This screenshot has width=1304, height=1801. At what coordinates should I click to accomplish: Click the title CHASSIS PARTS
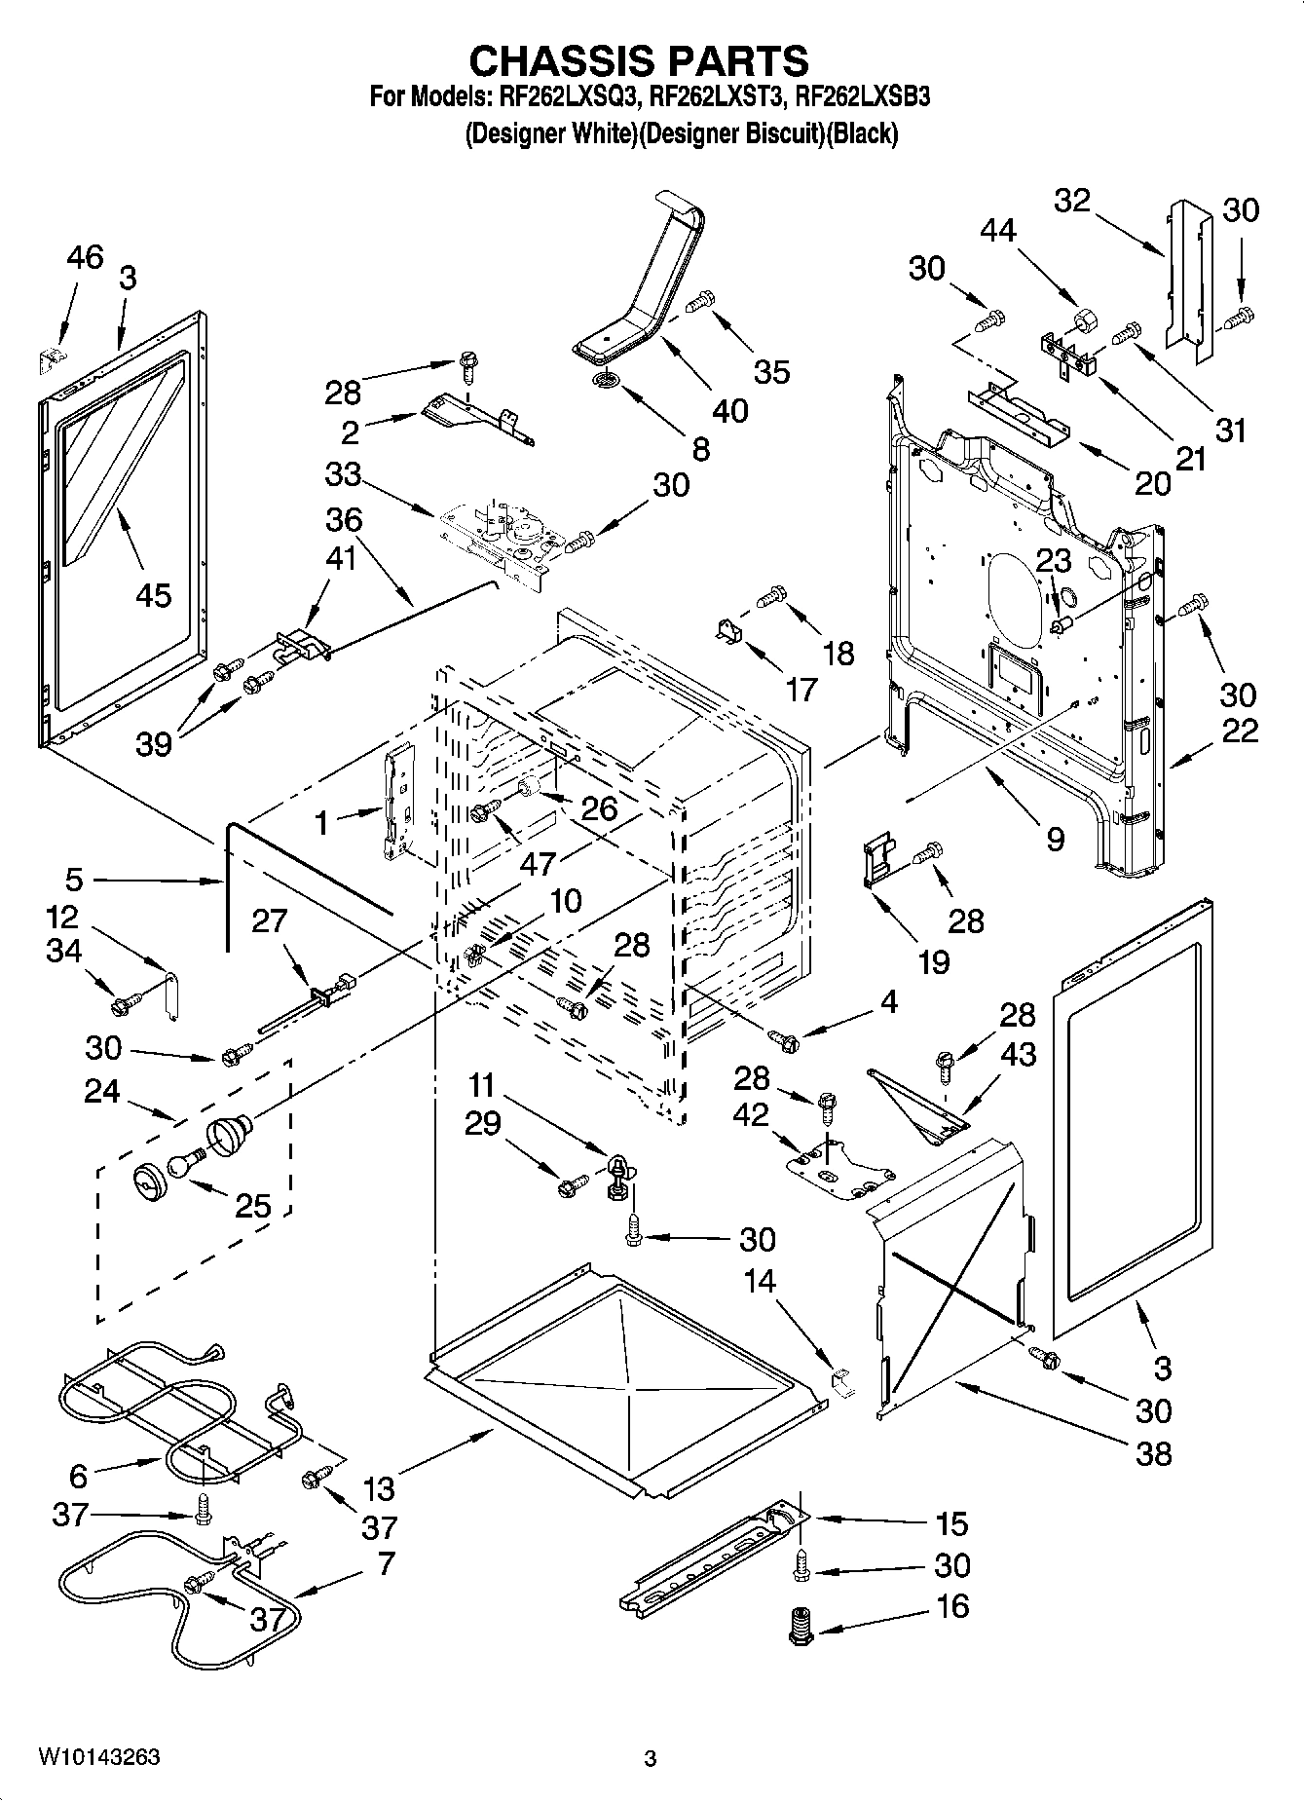[639, 60]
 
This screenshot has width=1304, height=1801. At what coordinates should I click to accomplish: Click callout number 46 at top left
[84, 258]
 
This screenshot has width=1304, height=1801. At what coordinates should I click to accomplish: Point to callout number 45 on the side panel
[154, 594]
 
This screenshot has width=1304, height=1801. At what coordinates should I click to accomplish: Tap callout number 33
[343, 475]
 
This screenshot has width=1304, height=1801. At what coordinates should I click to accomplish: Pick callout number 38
[1153, 1453]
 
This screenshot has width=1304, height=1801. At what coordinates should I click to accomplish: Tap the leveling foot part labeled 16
[801, 1627]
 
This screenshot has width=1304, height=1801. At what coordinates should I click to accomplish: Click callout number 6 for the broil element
[78, 1476]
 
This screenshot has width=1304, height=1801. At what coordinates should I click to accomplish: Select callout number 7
[385, 1563]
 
